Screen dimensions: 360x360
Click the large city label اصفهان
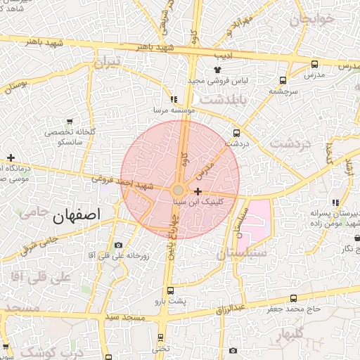pos(77,214)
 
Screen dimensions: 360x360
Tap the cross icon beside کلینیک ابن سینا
pos(198,191)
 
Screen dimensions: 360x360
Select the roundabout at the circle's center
pos(179,191)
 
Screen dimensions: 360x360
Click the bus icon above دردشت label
pos(237,132)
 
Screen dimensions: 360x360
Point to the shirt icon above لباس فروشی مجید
pos(217,70)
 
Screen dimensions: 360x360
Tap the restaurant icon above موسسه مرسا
pos(174,100)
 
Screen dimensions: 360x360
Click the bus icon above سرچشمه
pos(283,80)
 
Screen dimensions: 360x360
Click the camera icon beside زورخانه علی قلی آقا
pos(118,245)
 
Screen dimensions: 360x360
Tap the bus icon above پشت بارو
pos(170,290)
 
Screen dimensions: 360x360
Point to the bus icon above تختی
pos(161,337)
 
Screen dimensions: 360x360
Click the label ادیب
pos(222,52)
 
